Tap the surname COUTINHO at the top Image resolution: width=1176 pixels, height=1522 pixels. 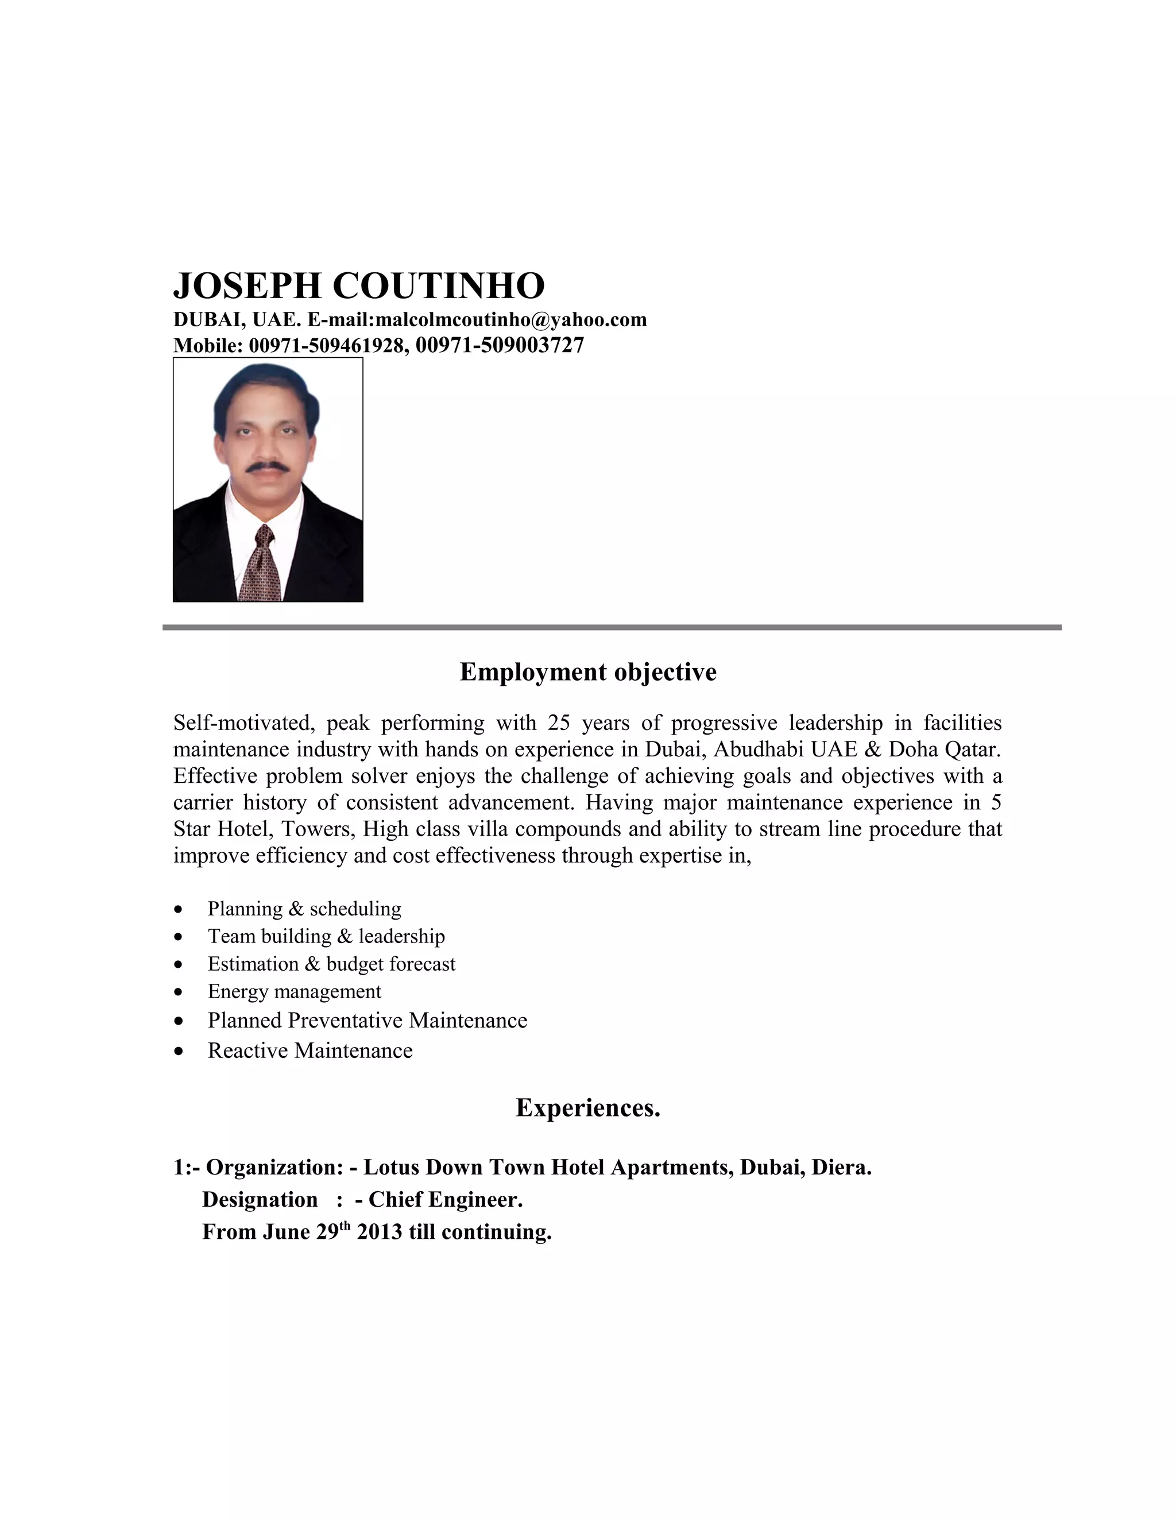tap(439, 285)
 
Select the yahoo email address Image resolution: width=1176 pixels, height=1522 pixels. tap(510, 320)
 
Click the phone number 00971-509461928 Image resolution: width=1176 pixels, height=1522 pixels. tap(326, 346)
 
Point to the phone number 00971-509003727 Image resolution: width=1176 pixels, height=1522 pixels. tap(500, 345)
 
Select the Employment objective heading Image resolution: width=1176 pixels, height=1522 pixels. tap(588, 673)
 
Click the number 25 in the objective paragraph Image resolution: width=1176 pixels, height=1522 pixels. tap(559, 723)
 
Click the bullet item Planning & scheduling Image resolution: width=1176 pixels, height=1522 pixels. tap(304, 909)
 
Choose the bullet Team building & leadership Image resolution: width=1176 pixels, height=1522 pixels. tap(326, 937)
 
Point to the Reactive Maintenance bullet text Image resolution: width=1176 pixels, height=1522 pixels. tap(310, 1051)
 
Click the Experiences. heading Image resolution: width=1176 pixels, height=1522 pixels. tap(588, 1108)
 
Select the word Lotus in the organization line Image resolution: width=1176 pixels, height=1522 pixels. tap(392, 1167)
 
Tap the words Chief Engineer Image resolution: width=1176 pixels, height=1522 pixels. tap(445, 1199)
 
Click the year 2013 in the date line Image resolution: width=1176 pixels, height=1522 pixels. tap(380, 1232)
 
